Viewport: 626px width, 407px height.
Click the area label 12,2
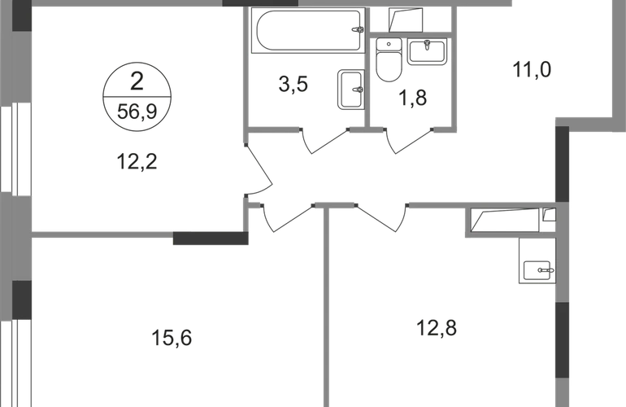tap(137, 162)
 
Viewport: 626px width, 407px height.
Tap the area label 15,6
tap(172, 339)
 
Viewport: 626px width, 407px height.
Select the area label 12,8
tap(437, 329)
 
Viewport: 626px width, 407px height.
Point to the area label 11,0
tap(532, 69)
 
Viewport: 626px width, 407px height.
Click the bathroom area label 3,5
tap(293, 85)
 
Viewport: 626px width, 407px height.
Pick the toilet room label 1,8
tap(413, 98)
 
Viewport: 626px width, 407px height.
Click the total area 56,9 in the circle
tap(137, 112)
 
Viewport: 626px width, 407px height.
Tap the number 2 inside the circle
tap(137, 81)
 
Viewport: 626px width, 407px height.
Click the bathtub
tap(308, 30)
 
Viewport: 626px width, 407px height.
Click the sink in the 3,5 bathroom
tap(351, 90)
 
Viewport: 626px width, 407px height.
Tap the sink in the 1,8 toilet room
tap(427, 51)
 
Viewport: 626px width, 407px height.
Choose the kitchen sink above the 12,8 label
tap(537, 271)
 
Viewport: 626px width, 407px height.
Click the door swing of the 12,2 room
tap(259, 172)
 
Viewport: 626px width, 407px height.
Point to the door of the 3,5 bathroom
tap(324, 142)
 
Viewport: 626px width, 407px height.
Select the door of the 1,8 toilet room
tap(410, 142)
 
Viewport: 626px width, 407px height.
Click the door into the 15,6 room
tap(288, 219)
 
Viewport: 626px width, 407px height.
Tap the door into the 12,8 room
tap(382, 219)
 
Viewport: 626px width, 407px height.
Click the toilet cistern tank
tap(389, 45)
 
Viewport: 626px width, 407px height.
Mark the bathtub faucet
tap(358, 29)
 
